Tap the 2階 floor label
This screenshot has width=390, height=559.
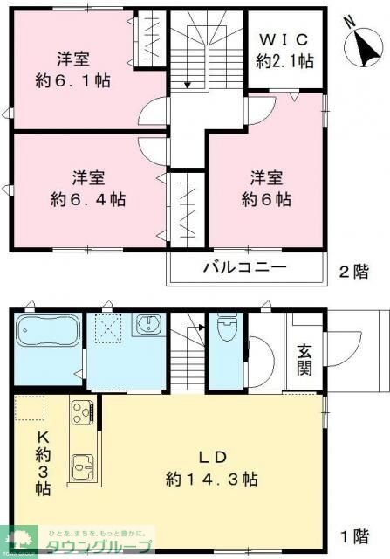click(354, 271)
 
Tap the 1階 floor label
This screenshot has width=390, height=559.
click(353, 535)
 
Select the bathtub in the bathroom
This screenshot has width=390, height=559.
click(48, 334)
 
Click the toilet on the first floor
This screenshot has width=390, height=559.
click(225, 331)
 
